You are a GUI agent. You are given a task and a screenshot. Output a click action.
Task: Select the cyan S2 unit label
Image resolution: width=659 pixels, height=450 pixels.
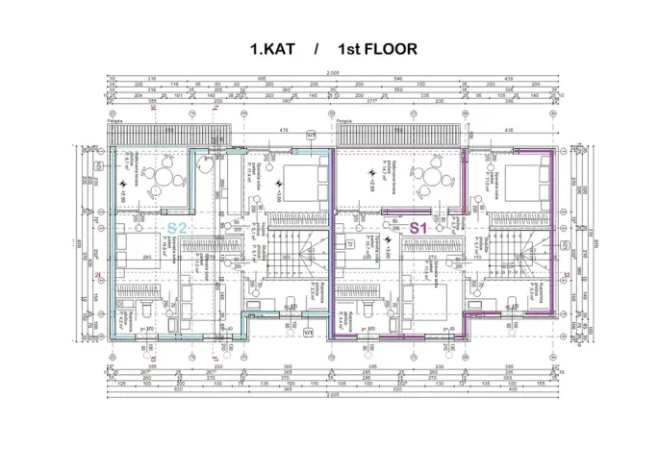pyautogui.click(x=177, y=228)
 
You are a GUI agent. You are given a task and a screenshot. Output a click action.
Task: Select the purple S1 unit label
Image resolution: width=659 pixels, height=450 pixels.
pyautogui.click(x=418, y=228)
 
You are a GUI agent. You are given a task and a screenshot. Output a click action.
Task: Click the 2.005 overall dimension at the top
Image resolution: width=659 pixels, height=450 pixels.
pyautogui.click(x=332, y=73)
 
